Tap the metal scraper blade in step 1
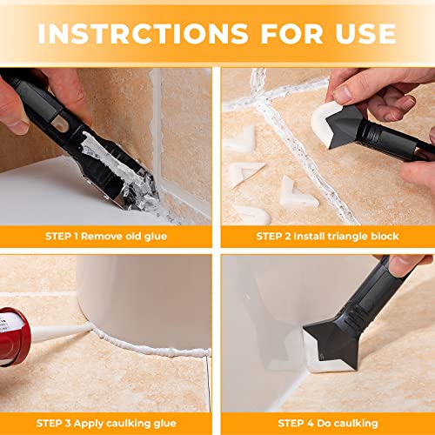click(139, 187)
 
